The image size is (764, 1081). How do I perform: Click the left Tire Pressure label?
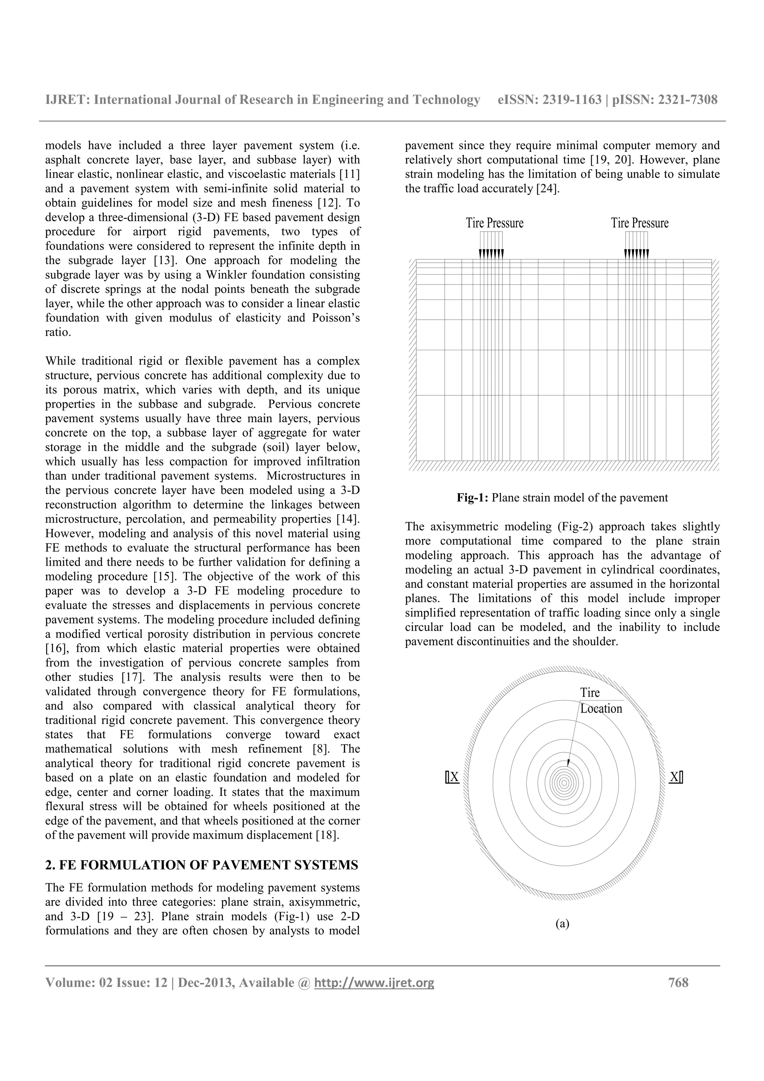pos(494,223)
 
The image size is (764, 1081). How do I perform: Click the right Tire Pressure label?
pos(639,223)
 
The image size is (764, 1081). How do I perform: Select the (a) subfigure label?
pos(562,924)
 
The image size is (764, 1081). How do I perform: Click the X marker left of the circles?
pos(453,777)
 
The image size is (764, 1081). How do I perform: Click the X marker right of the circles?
pos(676,777)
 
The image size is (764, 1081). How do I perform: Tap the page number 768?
pos(678,983)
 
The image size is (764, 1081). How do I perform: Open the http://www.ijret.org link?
pos(374,983)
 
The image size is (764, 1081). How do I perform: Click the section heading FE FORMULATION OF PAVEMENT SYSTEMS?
pos(209,865)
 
